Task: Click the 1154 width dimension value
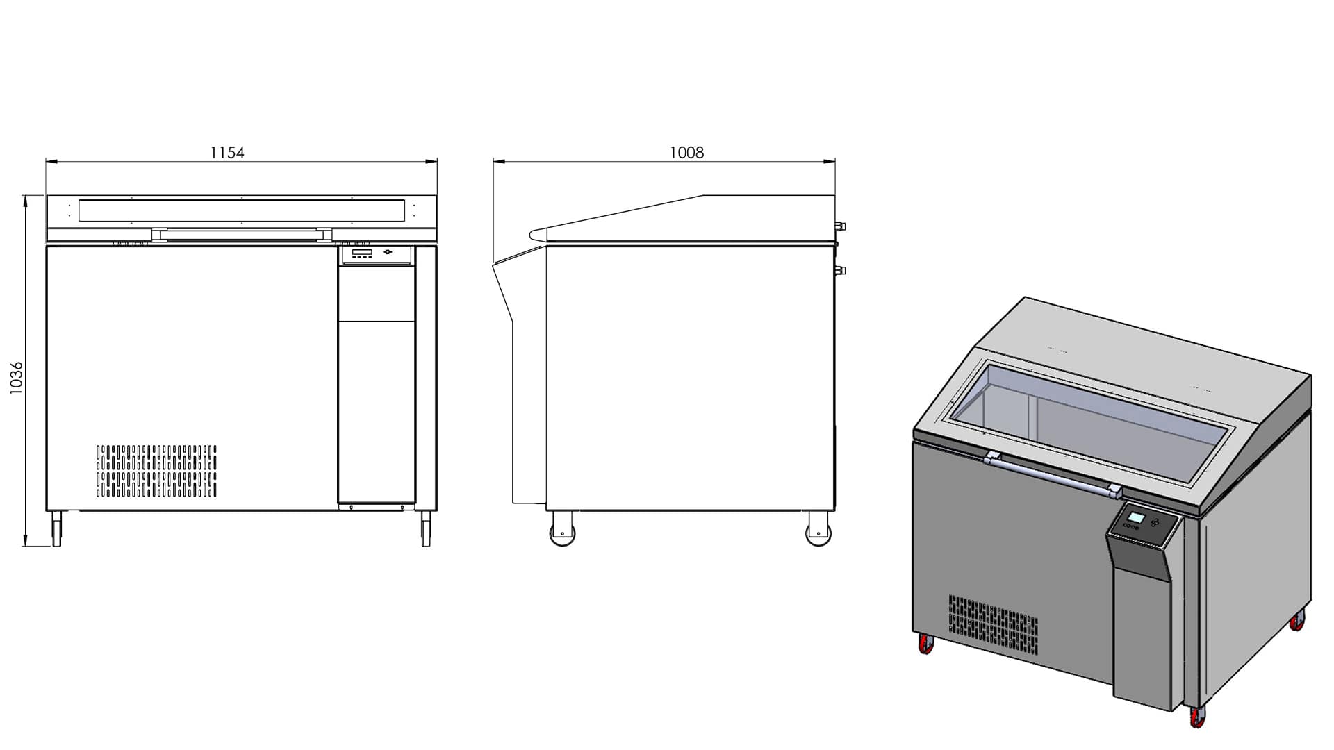[227, 153]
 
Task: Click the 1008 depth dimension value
[686, 153]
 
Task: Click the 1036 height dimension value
[17, 378]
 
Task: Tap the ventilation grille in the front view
[156, 472]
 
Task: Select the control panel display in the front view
[361, 253]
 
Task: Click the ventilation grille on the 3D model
[994, 624]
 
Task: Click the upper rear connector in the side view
[841, 225]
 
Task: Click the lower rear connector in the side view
[841, 270]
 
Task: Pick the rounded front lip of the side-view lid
[537, 235]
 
